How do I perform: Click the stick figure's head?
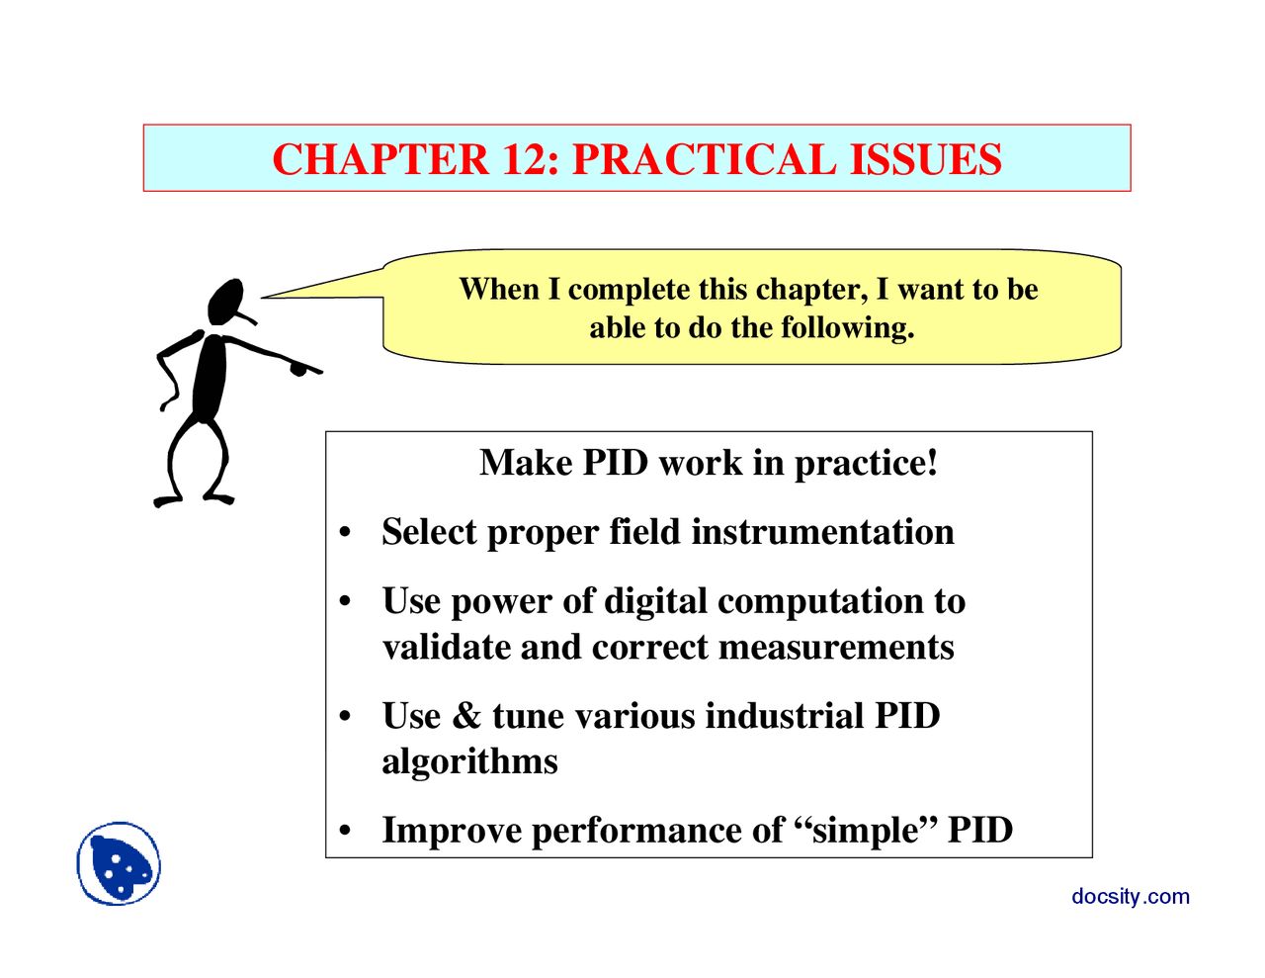(225, 301)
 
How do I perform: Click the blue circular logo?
(119, 863)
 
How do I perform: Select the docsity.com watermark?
(1130, 896)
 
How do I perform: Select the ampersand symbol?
(465, 716)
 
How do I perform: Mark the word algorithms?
(469, 761)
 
